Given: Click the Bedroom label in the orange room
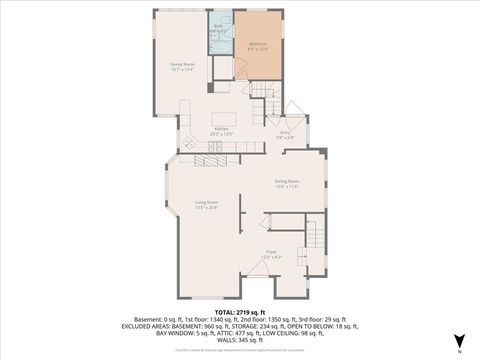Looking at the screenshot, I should [257, 44].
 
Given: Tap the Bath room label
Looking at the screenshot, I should [218, 26].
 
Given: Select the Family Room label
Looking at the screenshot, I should [181, 64].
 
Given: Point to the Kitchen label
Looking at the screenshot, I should [222, 129].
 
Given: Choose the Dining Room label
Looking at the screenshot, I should [287, 181].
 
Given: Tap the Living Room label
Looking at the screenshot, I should [207, 202].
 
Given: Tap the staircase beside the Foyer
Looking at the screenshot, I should [316, 236].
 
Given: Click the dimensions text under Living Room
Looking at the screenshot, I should [207, 208].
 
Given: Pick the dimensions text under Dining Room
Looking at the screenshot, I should [287, 187].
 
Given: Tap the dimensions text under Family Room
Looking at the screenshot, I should [181, 70].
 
